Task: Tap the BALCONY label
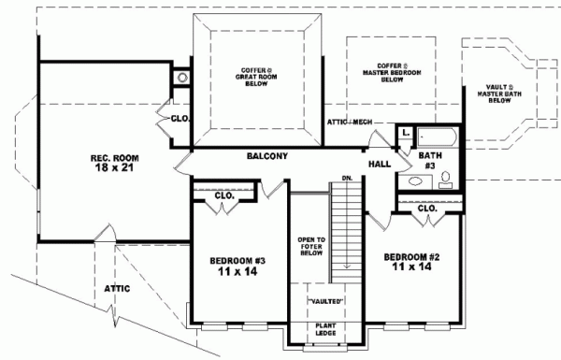(266, 156)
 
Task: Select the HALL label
(380, 165)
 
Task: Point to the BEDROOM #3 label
(236, 266)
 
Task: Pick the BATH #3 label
(431, 160)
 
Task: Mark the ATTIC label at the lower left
(118, 288)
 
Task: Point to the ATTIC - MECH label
(350, 122)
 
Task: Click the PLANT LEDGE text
(325, 329)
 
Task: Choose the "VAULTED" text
(325, 300)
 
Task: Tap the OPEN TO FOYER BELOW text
(310, 245)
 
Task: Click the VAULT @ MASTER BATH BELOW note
(504, 93)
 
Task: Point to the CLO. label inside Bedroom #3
(224, 196)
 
